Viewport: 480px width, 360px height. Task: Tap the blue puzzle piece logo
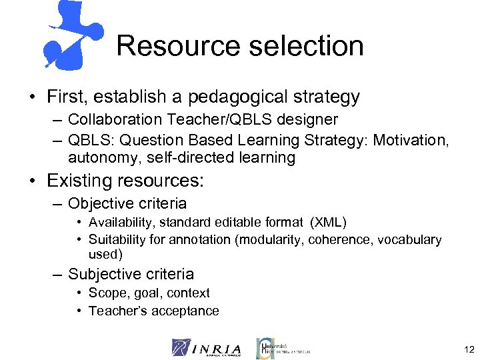point(72,33)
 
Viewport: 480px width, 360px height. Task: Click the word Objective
point(99,203)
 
